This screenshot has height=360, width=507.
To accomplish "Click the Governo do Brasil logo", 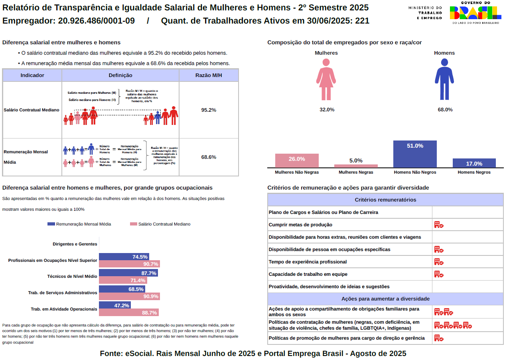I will tap(475, 12).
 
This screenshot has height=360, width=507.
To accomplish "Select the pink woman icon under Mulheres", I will tap(326, 79).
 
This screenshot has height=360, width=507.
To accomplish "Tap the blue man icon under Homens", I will tap(444, 79).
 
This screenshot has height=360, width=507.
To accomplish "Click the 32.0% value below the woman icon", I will tap(327, 109).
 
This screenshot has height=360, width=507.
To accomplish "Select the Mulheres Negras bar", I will tap(356, 166).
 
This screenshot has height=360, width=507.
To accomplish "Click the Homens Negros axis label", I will tap(474, 172).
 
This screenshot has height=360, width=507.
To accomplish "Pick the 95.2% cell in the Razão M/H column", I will tap(209, 110).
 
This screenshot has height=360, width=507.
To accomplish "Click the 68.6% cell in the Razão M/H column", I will tap(209, 157).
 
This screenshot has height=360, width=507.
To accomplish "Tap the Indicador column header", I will tap(32, 75).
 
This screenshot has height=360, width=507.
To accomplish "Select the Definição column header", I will tap(120, 75).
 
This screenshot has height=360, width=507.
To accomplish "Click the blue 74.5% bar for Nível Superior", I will tap(124, 257).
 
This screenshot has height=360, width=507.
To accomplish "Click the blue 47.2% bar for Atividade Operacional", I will tap(115, 305).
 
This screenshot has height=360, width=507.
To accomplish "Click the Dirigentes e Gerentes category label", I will tap(75, 244).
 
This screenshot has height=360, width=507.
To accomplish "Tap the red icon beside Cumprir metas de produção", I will tap(439, 225).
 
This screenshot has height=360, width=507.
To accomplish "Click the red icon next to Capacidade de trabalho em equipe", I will tap(439, 274).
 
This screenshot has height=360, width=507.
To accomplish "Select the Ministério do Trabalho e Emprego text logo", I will tap(425, 13).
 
